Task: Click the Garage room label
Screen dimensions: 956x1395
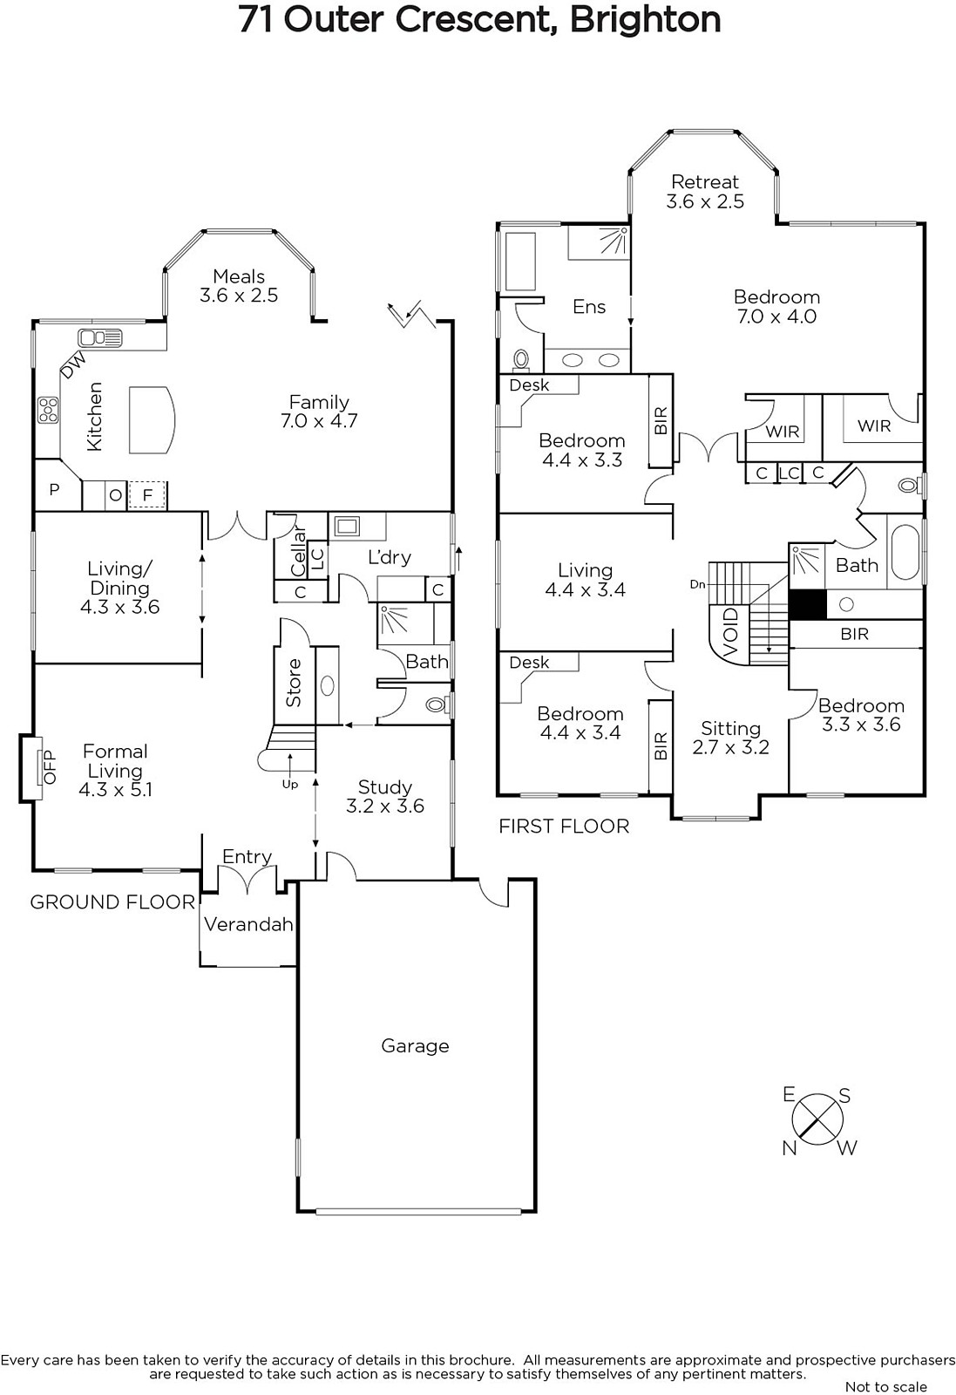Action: (x=415, y=1045)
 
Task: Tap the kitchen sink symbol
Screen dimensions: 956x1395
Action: (x=100, y=338)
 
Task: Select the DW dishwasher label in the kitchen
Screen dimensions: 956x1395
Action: (x=73, y=365)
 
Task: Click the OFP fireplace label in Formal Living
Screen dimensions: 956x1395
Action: (x=49, y=766)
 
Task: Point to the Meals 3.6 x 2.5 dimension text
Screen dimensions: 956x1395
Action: (x=239, y=296)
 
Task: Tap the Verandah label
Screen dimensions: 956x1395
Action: (x=248, y=924)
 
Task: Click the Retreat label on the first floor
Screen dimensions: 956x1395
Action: (x=705, y=182)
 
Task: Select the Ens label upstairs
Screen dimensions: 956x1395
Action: (x=589, y=306)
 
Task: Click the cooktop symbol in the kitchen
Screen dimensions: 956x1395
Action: (x=48, y=410)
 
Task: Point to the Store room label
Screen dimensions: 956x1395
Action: (x=293, y=683)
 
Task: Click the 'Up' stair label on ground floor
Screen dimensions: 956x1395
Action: (x=290, y=785)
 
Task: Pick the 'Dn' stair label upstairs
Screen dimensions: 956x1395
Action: (x=698, y=584)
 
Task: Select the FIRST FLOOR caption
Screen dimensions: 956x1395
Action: (x=564, y=827)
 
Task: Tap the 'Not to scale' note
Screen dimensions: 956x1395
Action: (x=885, y=1387)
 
